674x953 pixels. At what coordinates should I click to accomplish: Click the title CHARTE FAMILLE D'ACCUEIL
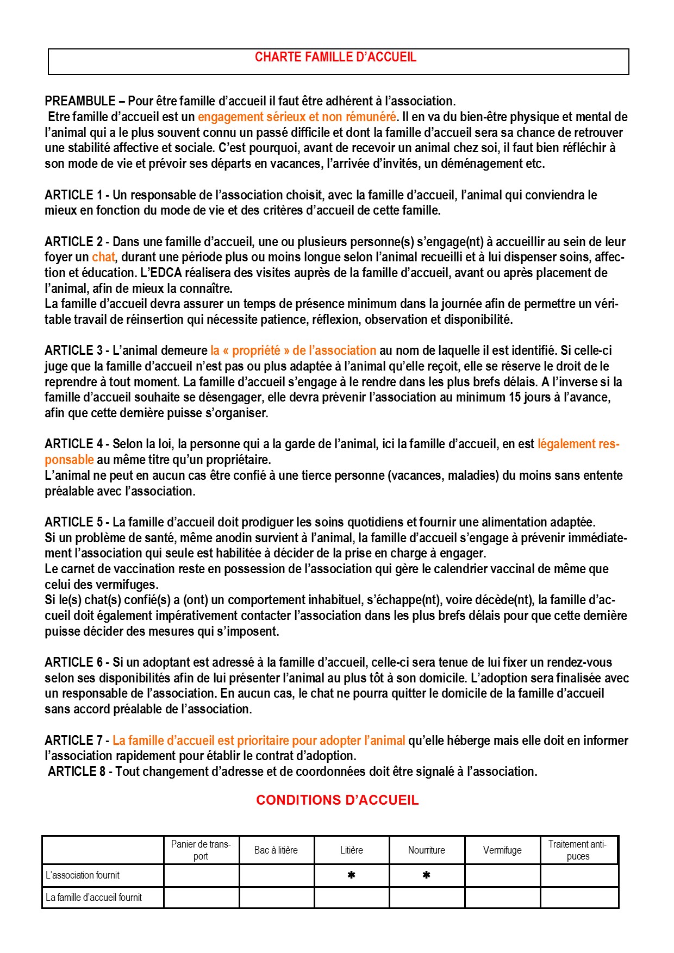click(335, 58)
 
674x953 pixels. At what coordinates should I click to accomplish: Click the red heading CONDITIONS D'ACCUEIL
click(337, 800)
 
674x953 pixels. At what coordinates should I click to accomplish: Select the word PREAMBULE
click(80, 101)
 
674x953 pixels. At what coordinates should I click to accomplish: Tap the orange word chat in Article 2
click(103, 257)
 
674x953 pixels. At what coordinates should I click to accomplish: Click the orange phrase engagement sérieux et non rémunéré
click(297, 117)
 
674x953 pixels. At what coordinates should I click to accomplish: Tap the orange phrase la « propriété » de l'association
click(294, 350)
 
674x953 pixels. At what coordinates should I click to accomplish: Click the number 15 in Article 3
click(515, 397)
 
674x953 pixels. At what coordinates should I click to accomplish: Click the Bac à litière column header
click(276, 850)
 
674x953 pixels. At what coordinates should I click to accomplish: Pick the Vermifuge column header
click(502, 850)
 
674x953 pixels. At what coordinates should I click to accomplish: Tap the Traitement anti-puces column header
click(578, 850)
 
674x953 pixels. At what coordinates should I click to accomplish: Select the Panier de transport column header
click(201, 850)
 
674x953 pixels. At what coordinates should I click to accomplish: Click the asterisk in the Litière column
click(352, 875)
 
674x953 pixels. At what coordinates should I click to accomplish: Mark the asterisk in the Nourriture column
click(427, 875)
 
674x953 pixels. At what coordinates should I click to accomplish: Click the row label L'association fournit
click(83, 875)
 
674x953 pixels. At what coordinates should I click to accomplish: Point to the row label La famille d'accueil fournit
click(93, 898)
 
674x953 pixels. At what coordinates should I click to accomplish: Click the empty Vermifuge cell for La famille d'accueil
click(502, 898)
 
